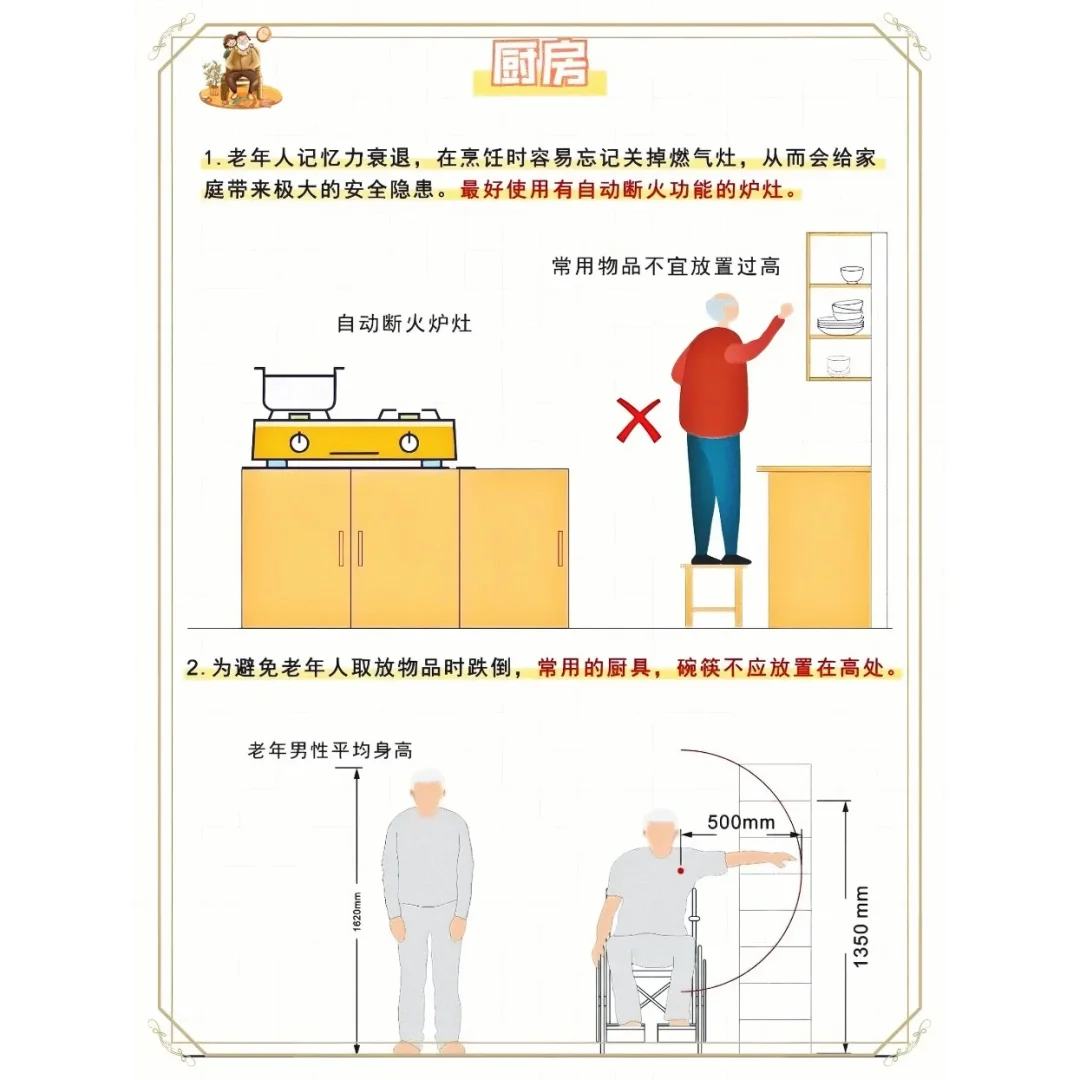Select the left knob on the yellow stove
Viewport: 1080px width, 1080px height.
coord(298,441)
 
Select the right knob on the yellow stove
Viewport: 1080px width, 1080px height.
coord(408,441)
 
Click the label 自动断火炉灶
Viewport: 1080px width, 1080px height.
coord(404,324)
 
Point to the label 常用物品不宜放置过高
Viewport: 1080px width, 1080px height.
coord(665,266)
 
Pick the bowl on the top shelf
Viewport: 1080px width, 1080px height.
coord(851,273)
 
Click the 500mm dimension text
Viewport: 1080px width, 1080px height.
coord(741,821)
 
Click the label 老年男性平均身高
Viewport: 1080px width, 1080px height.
coord(330,750)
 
